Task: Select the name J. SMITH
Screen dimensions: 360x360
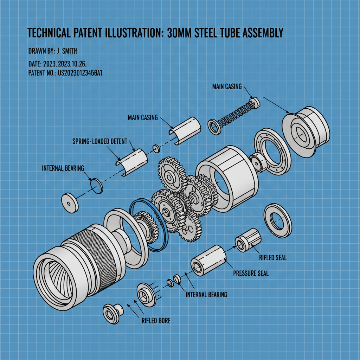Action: click(67, 51)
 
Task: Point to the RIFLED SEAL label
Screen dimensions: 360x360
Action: click(273, 258)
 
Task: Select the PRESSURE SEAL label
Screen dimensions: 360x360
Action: click(251, 273)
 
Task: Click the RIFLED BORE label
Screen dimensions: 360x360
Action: click(156, 321)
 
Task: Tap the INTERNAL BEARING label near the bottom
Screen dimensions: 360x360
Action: click(206, 295)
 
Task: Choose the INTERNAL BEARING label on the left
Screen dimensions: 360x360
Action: click(63, 168)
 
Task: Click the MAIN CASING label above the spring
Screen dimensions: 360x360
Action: click(227, 86)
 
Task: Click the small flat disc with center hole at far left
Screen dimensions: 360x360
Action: click(70, 202)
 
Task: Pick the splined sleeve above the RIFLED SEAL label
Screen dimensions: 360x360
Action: click(248, 240)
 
